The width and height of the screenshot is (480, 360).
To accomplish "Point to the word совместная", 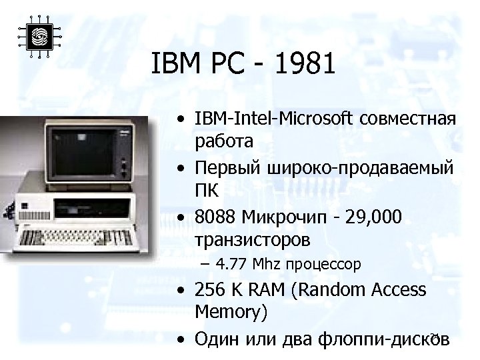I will tap(408, 119).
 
